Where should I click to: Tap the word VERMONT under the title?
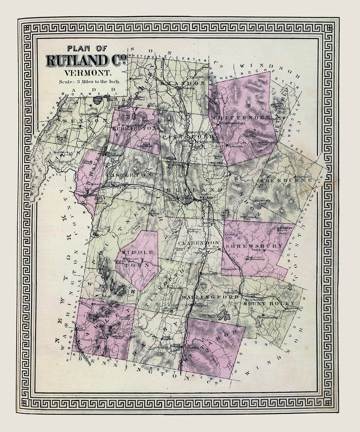coord(87,72)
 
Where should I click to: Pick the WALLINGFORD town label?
coord(210,297)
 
